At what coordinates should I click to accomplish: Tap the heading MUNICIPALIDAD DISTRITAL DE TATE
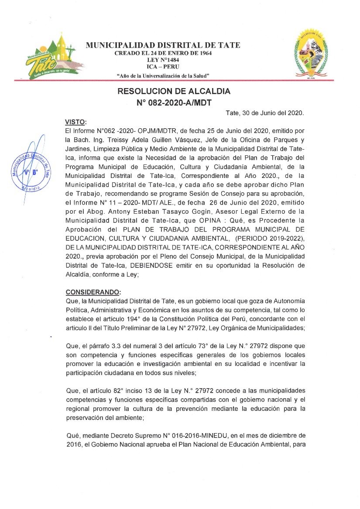point(163,45)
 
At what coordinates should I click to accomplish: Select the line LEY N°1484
point(163,60)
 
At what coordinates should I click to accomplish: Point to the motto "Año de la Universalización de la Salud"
point(163,75)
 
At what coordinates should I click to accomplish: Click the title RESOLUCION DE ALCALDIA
point(174,92)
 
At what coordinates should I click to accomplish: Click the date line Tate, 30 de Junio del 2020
point(264,113)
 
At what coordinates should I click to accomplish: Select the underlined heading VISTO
point(75,121)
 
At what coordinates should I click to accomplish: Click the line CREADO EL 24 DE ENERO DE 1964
point(163,53)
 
